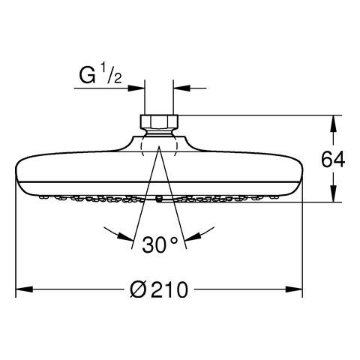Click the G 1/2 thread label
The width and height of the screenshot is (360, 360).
click(x=100, y=73)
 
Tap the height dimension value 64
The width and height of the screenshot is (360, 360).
click(x=333, y=160)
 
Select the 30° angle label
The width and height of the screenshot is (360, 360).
click(x=160, y=244)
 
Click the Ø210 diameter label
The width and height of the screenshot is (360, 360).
click(x=159, y=289)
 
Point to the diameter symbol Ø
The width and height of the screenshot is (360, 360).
click(x=138, y=289)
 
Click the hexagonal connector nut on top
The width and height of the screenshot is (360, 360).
click(x=159, y=121)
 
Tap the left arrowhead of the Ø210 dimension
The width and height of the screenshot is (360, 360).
click(x=24, y=289)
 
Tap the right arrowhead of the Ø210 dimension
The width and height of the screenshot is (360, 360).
click(x=294, y=289)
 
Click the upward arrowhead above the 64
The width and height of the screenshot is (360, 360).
click(x=333, y=124)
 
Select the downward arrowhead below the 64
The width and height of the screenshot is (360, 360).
click(x=333, y=193)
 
